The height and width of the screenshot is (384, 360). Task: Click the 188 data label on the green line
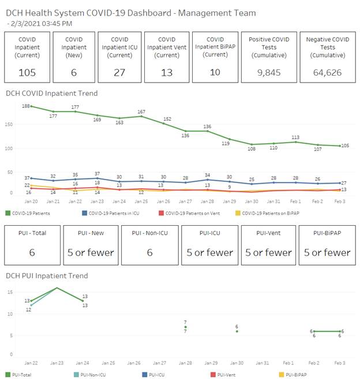point(26,106)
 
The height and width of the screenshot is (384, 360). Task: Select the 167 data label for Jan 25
point(142,112)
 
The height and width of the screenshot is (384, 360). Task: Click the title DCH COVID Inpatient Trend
point(52,93)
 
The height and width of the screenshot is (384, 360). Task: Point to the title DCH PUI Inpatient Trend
point(47,276)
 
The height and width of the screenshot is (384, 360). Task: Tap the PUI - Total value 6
point(32,252)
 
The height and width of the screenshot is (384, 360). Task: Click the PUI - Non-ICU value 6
point(149,252)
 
